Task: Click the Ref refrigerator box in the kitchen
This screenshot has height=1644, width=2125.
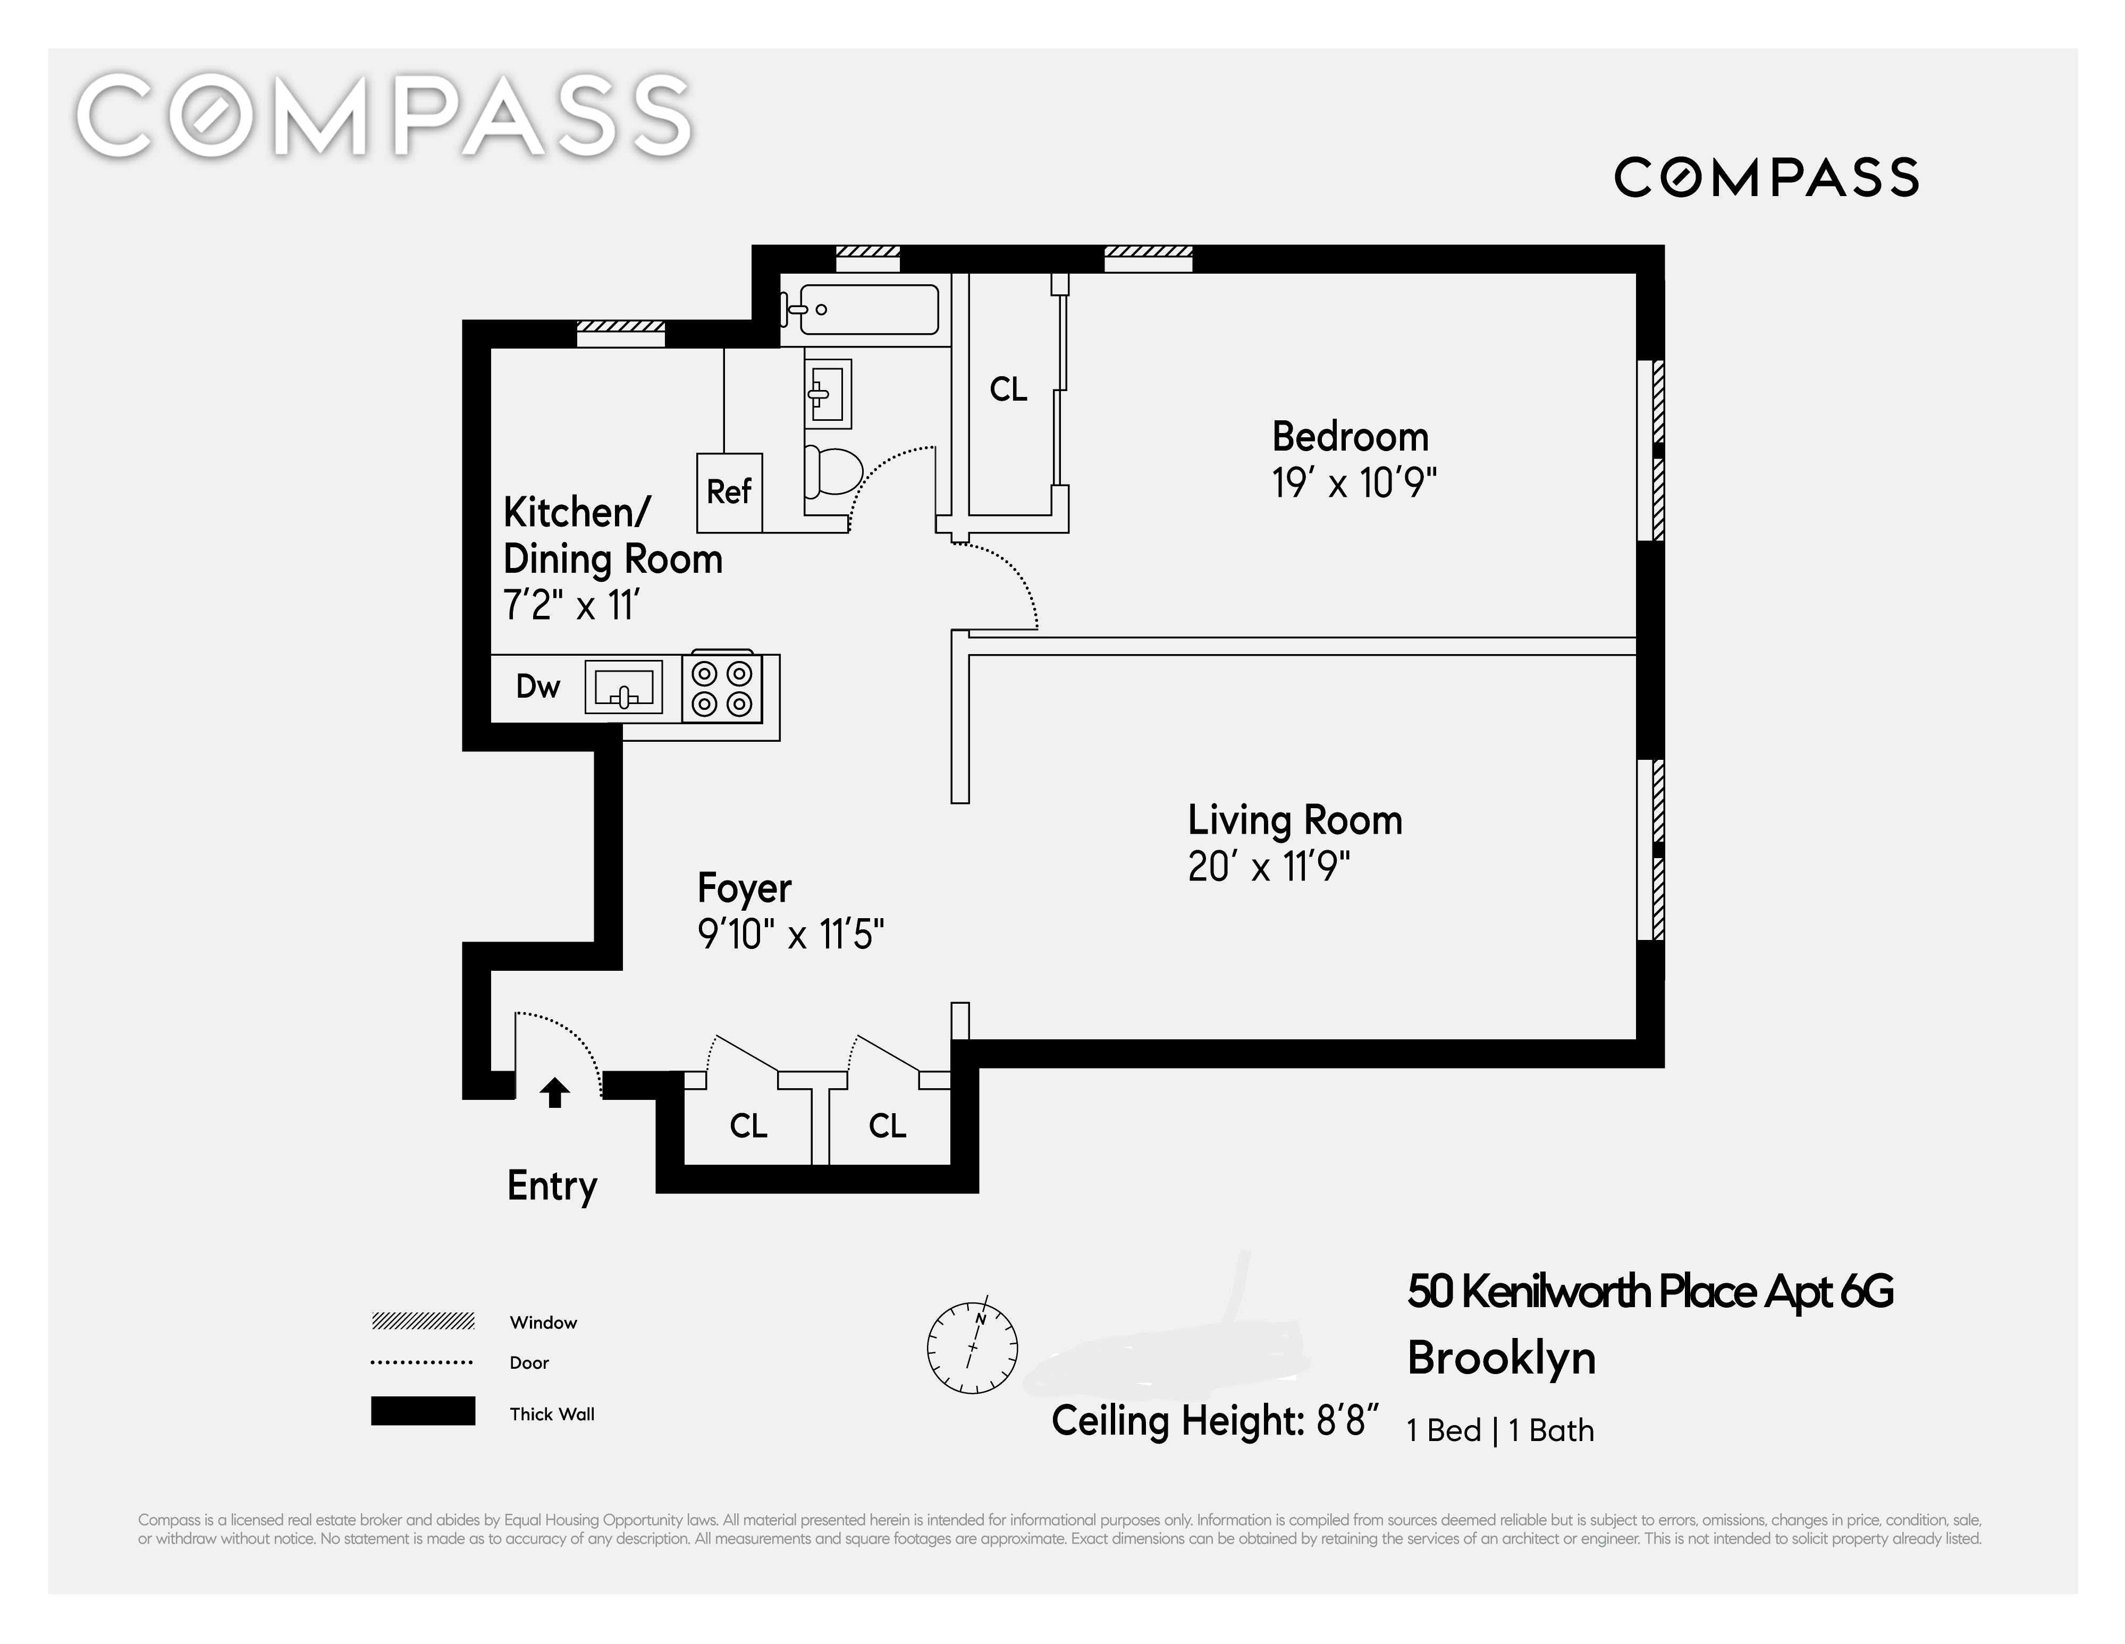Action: [729, 492]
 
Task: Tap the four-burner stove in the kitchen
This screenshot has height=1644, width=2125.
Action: [721, 688]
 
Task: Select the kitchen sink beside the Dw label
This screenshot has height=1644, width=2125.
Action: [623, 687]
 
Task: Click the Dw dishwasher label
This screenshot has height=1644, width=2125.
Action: [538, 687]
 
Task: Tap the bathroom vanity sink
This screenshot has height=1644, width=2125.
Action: [827, 393]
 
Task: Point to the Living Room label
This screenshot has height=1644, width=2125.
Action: [1295, 820]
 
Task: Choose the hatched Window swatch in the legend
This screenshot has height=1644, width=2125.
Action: [423, 1321]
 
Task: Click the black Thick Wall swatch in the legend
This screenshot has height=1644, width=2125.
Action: [423, 1411]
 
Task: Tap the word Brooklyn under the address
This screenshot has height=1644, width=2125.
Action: [1502, 1358]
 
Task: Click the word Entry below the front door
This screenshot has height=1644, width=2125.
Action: [552, 1187]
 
